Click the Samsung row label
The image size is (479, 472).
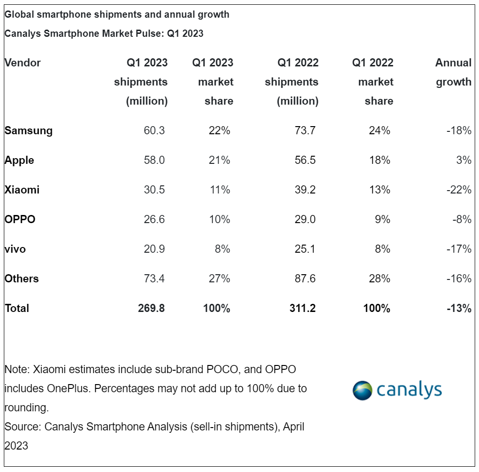(x=29, y=130)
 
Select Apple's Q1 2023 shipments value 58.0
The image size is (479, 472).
(x=154, y=160)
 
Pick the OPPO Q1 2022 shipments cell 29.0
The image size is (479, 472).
(x=305, y=219)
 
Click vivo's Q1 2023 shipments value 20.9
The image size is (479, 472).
(x=154, y=249)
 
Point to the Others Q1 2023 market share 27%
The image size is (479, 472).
(x=219, y=279)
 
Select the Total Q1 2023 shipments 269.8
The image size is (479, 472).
(x=151, y=308)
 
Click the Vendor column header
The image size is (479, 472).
(x=22, y=63)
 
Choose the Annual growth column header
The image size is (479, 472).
(x=453, y=72)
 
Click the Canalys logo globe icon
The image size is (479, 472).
(x=362, y=390)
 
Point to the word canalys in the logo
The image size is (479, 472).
(x=409, y=390)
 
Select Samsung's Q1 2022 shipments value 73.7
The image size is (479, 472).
(x=305, y=130)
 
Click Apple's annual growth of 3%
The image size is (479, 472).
(x=463, y=160)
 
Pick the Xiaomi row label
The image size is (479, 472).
(x=22, y=190)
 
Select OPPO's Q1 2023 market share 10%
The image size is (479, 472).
(x=219, y=219)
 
